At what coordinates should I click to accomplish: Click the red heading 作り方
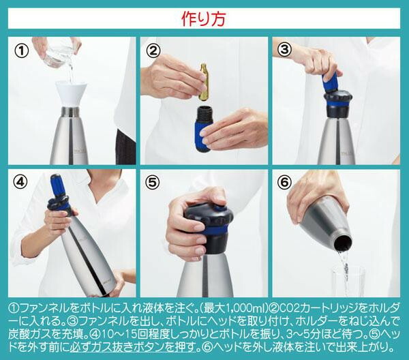203,19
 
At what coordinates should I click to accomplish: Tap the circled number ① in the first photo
22,51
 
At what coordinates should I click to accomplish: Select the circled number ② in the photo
153,50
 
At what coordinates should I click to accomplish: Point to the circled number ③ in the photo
284,50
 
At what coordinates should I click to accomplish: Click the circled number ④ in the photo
20,182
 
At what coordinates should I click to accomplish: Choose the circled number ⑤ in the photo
152,182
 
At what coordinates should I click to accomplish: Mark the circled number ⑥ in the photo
284,182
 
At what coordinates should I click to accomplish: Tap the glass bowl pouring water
59,53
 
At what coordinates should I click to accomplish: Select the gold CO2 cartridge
204,82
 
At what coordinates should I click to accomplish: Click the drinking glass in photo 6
347,282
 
